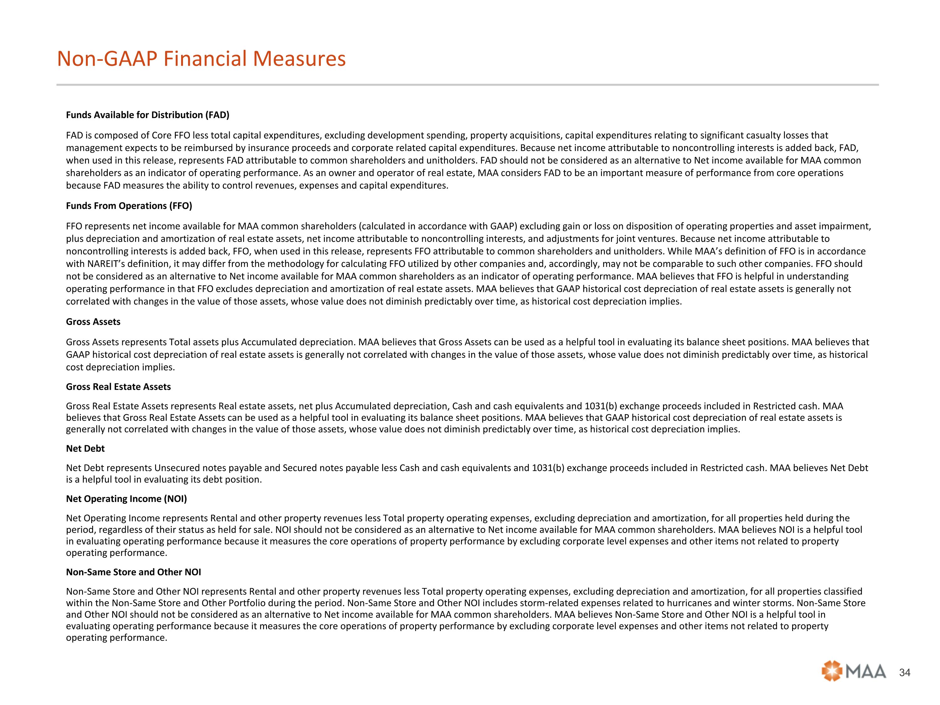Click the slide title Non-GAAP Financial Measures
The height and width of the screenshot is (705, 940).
click(x=201, y=59)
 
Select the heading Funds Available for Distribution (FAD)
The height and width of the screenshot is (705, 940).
click(x=148, y=115)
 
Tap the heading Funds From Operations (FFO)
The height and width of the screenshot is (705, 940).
click(x=129, y=206)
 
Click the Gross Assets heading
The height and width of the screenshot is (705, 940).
click(x=93, y=322)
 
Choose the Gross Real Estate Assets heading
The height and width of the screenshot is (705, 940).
click(x=118, y=387)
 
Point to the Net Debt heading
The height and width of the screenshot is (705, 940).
click(x=85, y=448)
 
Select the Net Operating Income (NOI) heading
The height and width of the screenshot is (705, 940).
click(x=126, y=499)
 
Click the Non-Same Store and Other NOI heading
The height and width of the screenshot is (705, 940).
click(x=133, y=572)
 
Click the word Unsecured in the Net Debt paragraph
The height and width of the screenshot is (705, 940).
click(x=174, y=468)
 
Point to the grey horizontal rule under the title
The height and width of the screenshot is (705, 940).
click(x=467, y=85)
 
